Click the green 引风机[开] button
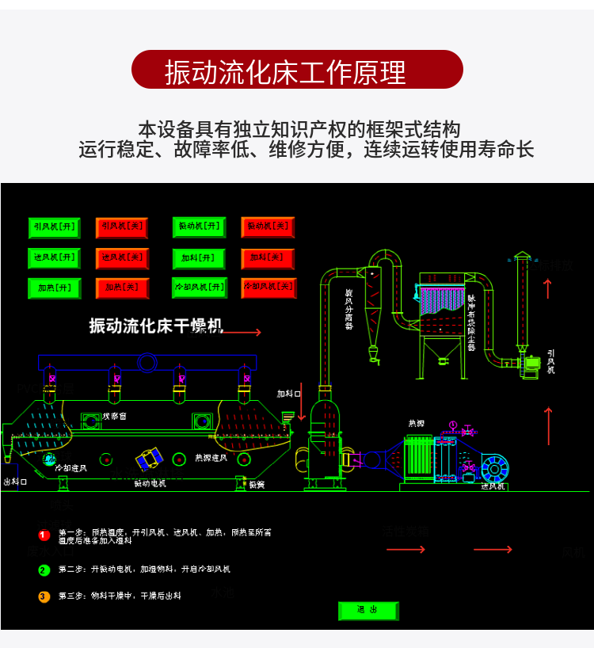54,227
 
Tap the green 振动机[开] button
199,227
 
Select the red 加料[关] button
267,258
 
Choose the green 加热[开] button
54,288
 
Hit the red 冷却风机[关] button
268,287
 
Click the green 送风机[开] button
54,258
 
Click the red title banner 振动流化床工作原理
297,70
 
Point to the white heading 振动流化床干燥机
156,325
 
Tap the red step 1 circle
44,535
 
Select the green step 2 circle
44,570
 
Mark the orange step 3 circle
44,596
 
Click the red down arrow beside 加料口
302,405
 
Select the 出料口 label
15,481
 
